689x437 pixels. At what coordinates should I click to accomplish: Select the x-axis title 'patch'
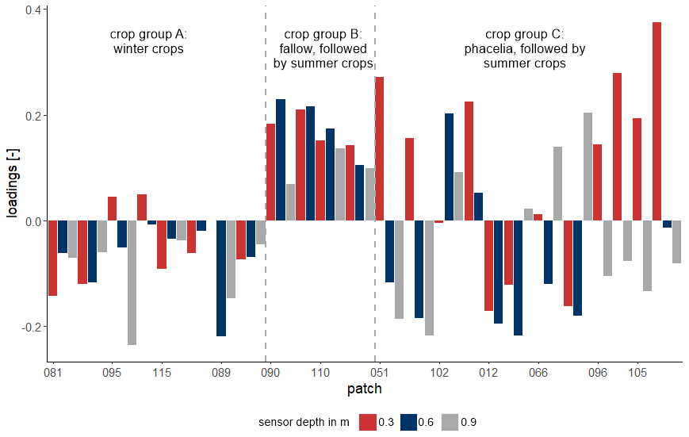pos(365,389)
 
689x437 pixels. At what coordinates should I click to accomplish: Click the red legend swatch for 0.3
pos(367,422)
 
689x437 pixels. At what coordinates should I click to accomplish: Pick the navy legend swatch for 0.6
pos(408,422)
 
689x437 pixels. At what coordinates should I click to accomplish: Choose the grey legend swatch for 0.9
pos(450,422)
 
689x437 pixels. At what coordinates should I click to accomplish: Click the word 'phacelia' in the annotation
pos(489,49)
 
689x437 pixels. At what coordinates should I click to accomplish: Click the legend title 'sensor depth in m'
pos(304,422)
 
